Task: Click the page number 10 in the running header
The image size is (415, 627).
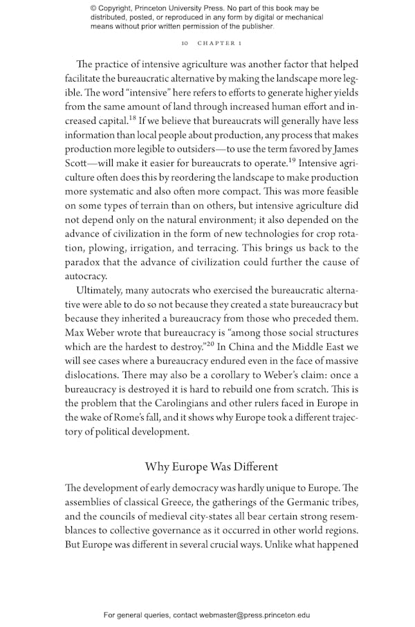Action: (184, 43)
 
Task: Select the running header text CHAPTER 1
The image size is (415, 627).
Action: (219, 43)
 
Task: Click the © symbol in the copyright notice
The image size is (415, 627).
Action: (93, 9)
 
